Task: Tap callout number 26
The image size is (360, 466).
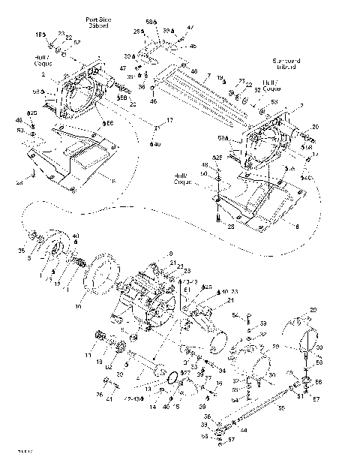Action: pyautogui.click(x=98, y=395)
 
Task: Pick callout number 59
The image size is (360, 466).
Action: pyautogui.click(x=264, y=323)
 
